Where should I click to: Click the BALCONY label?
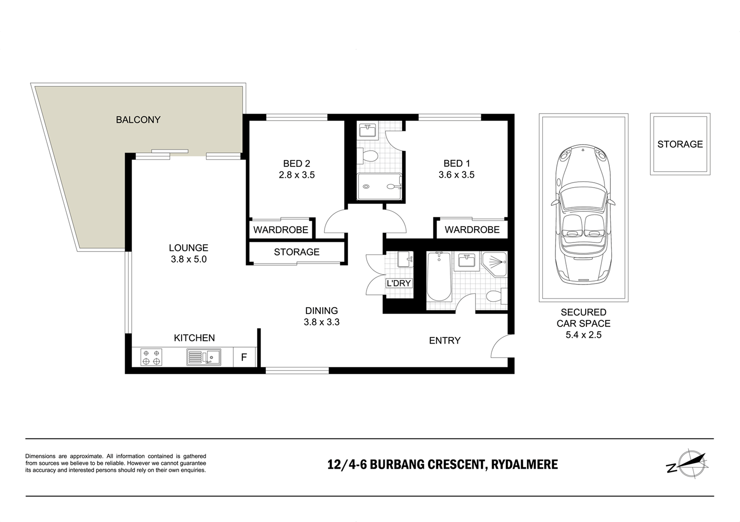138,120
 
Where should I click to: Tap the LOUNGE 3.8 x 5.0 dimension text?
188,259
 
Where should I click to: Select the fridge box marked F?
244,357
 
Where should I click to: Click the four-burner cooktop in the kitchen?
151,357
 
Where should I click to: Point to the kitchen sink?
204,357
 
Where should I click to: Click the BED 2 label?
296,163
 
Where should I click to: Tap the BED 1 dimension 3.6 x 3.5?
456,175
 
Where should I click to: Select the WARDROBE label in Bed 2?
281,230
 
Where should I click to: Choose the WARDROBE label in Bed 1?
472,230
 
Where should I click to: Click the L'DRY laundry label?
399,283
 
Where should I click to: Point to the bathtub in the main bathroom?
439,277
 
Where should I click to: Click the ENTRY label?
444,340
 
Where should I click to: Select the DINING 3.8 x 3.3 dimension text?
322,322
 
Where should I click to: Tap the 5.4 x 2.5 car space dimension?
583,335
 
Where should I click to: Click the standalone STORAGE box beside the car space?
680,144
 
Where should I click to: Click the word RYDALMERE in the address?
524,465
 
